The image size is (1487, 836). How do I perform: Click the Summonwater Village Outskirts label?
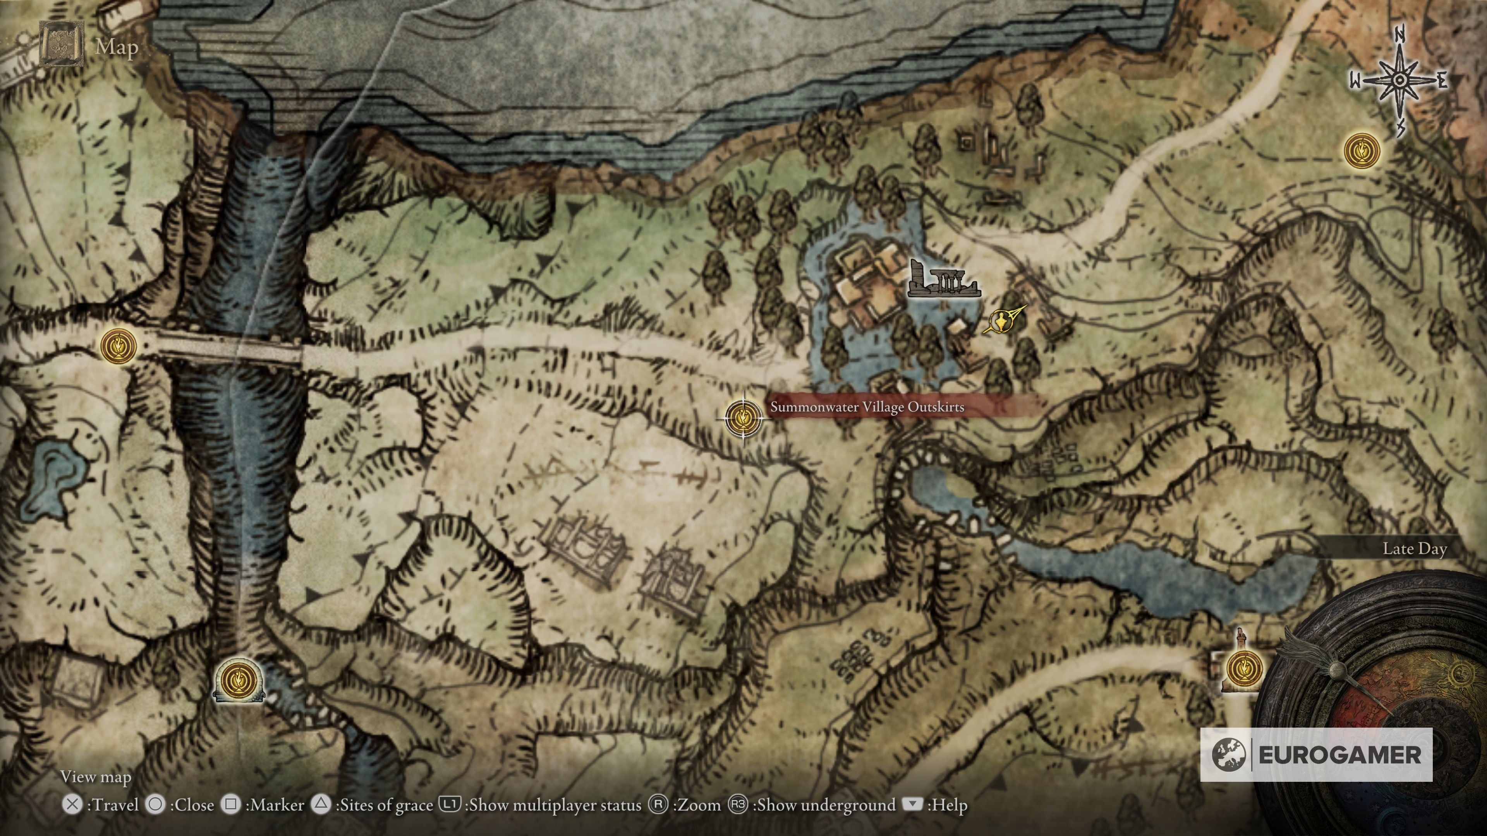(x=867, y=407)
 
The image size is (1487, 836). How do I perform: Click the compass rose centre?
(x=1399, y=81)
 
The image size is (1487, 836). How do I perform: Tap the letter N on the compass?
(x=1399, y=34)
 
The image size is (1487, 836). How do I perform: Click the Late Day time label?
(x=1414, y=548)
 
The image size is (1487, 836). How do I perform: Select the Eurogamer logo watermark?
(x=1316, y=754)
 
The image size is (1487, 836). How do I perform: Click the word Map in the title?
(x=117, y=47)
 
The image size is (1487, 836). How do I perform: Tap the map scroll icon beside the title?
(x=61, y=43)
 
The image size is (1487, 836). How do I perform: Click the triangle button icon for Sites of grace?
(x=321, y=804)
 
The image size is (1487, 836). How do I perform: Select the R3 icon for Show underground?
(x=738, y=804)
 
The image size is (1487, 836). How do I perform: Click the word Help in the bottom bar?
(x=947, y=805)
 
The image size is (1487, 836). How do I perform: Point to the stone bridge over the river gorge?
(x=228, y=349)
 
